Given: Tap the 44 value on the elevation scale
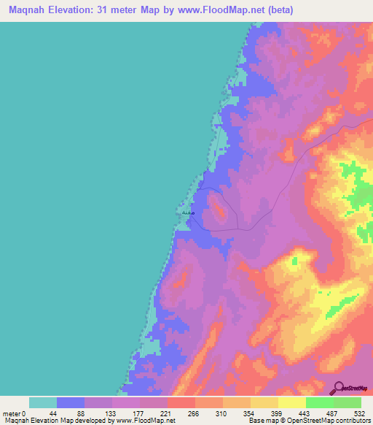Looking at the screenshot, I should (x=57, y=413).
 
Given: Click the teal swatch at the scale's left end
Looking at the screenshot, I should (x=43, y=402).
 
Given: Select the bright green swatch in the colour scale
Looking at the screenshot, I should (x=319, y=402).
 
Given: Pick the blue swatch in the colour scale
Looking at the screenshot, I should (x=71, y=402).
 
